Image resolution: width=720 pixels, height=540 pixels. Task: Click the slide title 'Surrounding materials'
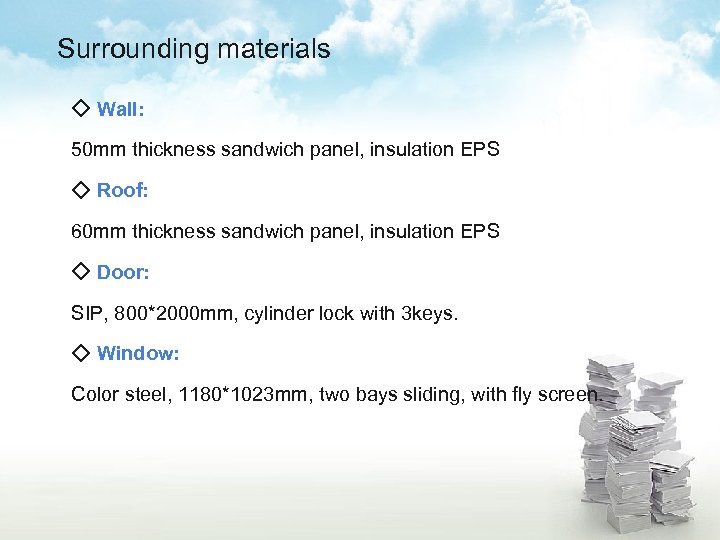tap(193, 49)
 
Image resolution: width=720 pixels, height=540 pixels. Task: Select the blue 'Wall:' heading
tap(120, 109)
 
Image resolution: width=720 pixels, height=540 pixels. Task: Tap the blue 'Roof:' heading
tap(122, 190)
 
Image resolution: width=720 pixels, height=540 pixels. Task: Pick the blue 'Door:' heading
tap(123, 272)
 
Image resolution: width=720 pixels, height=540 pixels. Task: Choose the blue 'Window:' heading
tap(138, 353)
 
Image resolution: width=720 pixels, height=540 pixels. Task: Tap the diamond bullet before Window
tap(81, 352)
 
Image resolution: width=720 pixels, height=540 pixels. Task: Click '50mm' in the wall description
tap(94, 150)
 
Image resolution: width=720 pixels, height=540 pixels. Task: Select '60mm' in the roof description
tap(94, 232)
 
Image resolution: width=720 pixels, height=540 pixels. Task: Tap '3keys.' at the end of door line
tap(429, 314)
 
